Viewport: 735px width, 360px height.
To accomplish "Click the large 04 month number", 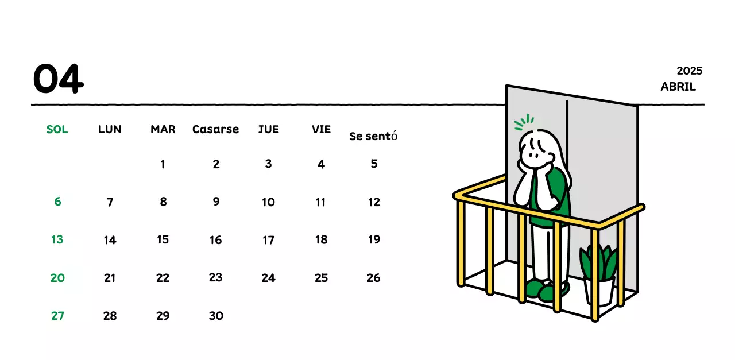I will (58, 79).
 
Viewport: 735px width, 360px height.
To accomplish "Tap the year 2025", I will (689, 71).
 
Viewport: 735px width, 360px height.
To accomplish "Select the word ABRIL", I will (678, 87).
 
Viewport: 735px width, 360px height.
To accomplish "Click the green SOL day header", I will (57, 129).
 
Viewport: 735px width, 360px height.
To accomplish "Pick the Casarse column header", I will (215, 129).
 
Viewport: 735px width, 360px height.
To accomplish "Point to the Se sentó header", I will (373, 137).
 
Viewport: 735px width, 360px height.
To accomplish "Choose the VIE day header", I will (321, 129).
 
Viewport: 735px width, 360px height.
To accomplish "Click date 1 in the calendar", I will (163, 165).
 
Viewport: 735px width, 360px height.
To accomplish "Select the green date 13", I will (57, 239).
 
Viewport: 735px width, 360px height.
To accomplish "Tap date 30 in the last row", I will (215, 315).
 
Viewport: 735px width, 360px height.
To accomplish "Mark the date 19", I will (374, 239).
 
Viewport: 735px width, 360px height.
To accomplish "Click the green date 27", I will (57, 315).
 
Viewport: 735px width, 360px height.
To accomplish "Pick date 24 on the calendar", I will (268, 278).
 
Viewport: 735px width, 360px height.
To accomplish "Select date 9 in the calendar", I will (216, 202).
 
